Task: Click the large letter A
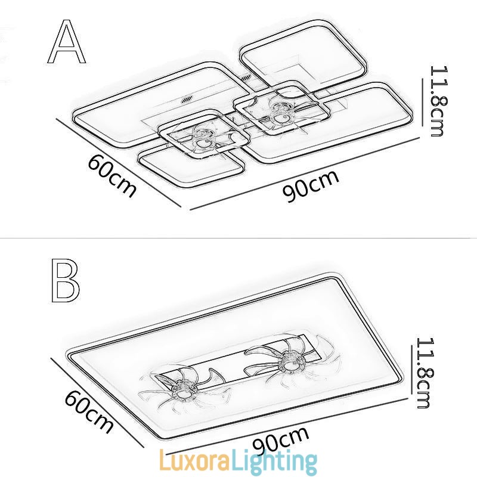coord(67,41)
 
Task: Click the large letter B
coord(65,280)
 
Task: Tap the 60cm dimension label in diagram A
coord(111,175)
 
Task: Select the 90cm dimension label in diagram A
coord(310,187)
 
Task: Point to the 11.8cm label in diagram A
coord(439,101)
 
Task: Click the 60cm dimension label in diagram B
coord(89,411)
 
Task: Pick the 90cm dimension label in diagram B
coord(280,439)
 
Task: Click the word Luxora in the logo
coord(194,461)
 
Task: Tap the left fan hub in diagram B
coord(183,394)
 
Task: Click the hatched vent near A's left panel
coord(188,100)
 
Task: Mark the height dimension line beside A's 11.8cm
coord(423,102)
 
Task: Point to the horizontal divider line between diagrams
coord(238,238)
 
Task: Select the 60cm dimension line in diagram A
coord(119,163)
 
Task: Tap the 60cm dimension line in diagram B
coord(97,403)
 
